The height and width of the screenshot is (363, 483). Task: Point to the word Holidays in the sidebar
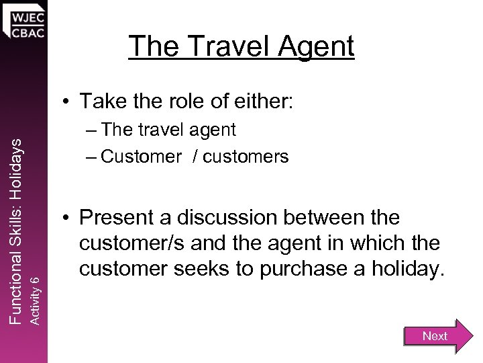18,161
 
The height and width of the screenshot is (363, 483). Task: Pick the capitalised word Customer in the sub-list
142,157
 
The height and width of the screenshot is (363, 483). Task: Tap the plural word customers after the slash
246,157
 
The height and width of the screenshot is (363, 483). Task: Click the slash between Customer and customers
195,157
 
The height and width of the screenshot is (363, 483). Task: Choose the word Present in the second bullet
117,218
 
